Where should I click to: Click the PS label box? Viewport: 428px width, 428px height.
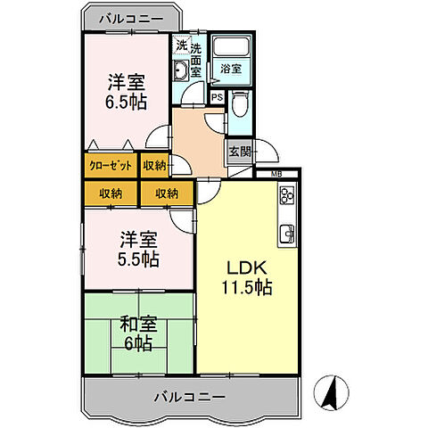pos(217,98)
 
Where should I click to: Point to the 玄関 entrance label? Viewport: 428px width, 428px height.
pos(239,151)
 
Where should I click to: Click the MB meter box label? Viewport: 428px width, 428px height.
pos(277,174)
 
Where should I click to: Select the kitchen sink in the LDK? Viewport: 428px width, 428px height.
pos(289,235)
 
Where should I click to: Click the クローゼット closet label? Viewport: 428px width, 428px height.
pos(110,165)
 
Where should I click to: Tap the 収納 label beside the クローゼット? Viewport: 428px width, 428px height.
pos(154,165)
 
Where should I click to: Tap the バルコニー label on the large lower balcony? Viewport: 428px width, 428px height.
pos(188,395)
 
